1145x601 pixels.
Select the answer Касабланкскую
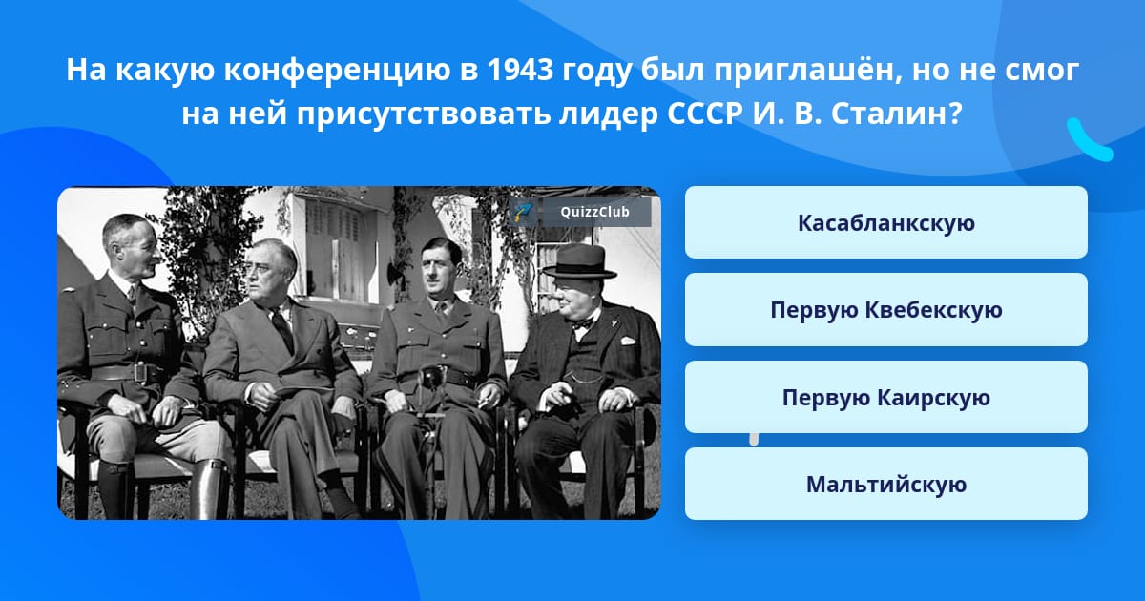(885, 222)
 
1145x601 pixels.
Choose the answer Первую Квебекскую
(885, 310)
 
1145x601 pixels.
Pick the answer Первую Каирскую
(885, 397)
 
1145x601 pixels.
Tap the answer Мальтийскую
(885, 484)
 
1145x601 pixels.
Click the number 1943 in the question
(520, 70)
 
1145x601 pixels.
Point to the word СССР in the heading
(704, 113)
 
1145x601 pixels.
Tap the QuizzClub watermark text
(594, 212)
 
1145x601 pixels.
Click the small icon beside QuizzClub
(524, 212)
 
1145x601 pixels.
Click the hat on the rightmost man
(579, 261)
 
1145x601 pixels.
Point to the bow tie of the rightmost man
(583, 323)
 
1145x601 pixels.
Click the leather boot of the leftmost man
(209, 487)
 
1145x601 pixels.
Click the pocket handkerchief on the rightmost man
(628, 341)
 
